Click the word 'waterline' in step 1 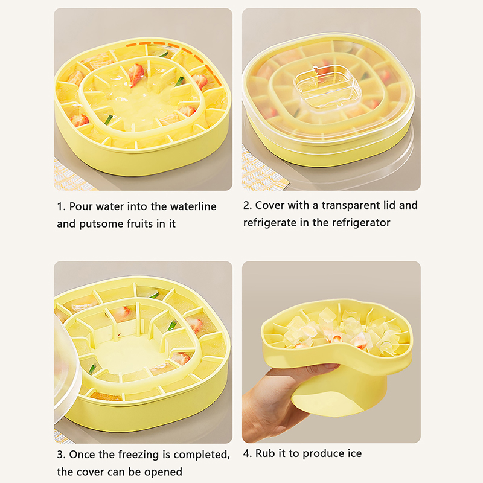(193, 206)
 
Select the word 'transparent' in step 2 (351, 205)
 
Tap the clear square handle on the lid (327, 85)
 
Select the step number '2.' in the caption (248, 205)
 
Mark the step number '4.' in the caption (248, 453)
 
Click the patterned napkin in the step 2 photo (262, 173)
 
